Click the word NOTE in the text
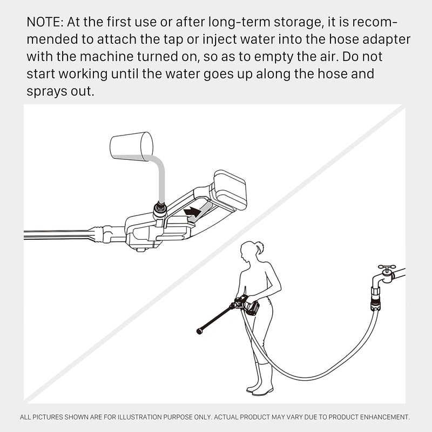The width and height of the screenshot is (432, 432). (x=45, y=22)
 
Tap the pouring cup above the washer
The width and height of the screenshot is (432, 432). (x=131, y=146)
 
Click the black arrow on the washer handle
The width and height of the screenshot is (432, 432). (x=192, y=212)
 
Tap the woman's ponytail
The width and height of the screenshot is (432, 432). (x=260, y=247)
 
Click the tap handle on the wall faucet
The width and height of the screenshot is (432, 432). (x=387, y=267)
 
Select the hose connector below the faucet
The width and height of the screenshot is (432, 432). (x=375, y=299)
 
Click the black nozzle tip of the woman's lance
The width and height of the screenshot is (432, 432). (x=199, y=331)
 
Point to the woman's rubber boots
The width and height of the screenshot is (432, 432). (x=260, y=378)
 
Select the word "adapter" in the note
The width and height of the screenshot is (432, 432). (x=387, y=39)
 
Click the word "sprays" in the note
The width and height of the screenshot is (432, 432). (x=46, y=92)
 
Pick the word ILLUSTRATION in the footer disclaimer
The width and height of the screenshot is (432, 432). (x=140, y=417)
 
